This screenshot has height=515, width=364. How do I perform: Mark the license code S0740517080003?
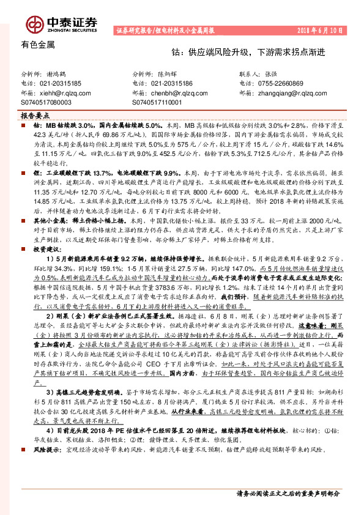pyautogui.click(x=46, y=103)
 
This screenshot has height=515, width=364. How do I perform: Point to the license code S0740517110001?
pyautogui.click(x=157, y=103)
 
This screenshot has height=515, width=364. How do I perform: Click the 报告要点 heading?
pyautogui.click(x=35, y=115)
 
